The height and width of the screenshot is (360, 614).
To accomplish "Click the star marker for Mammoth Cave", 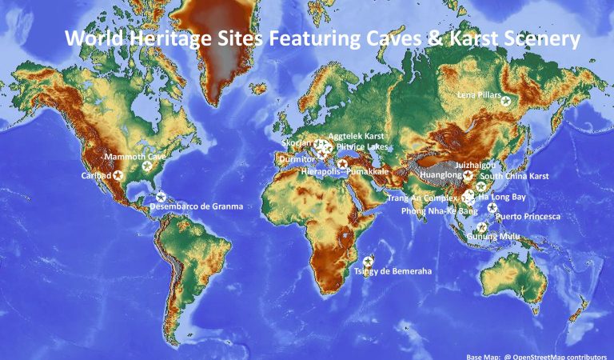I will (147, 166).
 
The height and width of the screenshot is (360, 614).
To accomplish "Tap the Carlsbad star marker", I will (118, 175).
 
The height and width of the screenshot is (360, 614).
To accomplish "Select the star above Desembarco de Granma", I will (161, 197).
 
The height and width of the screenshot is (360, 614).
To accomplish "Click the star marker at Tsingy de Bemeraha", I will (369, 261).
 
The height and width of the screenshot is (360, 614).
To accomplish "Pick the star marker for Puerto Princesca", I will (492, 207).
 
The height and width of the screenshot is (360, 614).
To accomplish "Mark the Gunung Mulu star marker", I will (481, 227).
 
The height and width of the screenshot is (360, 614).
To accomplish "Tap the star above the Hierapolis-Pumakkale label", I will (343, 164).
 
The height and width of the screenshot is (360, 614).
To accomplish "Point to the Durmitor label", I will (297, 159).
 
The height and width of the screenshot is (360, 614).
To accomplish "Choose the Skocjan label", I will (297, 143).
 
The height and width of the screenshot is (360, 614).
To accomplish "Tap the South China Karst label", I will (515, 175).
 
